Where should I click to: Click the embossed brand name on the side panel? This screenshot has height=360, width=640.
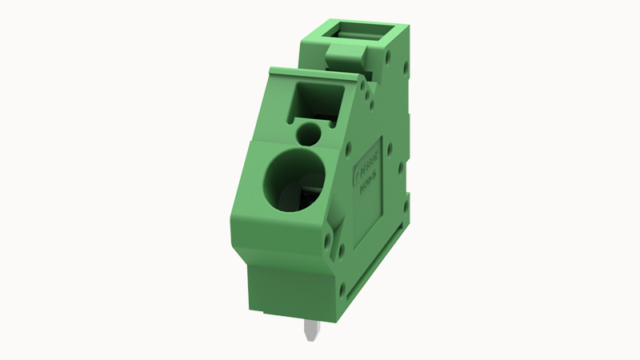click(x=370, y=163)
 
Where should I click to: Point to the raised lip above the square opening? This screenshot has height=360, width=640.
click(x=312, y=74)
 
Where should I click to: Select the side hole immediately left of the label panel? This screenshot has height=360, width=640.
click(x=349, y=147)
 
